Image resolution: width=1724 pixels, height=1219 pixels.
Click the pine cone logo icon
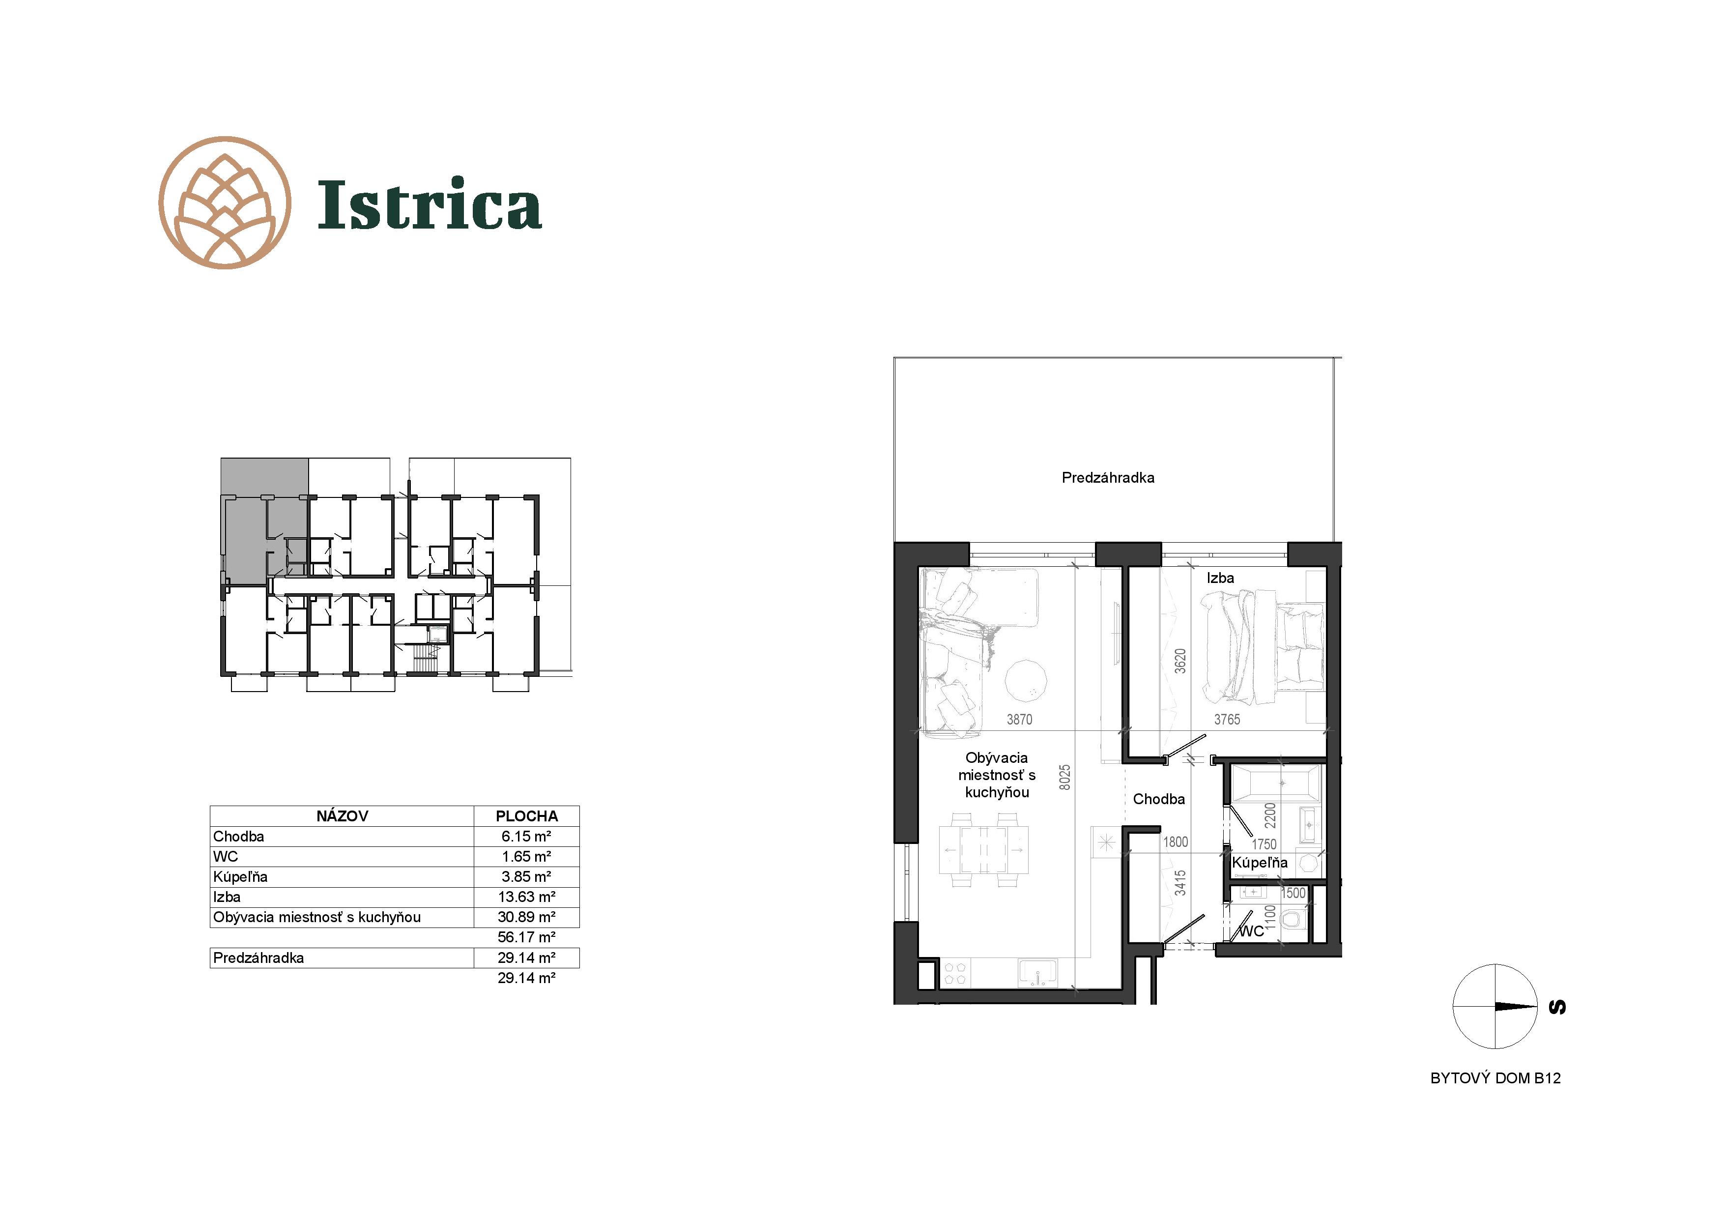pyautogui.click(x=225, y=203)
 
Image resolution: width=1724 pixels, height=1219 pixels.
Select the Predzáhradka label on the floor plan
pyautogui.click(x=1108, y=478)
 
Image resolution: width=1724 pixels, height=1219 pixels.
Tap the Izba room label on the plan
pyautogui.click(x=1220, y=578)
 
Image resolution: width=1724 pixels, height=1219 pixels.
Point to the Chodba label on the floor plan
pyautogui.click(x=1159, y=799)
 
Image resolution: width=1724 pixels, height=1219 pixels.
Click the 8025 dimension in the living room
pyautogui.click(x=1065, y=778)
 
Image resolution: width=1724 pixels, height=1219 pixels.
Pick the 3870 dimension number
pyautogui.click(x=1019, y=720)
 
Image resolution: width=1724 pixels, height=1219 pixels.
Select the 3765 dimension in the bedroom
pyautogui.click(x=1227, y=720)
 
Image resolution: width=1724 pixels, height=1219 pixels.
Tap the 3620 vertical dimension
pyautogui.click(x=1180, y=661)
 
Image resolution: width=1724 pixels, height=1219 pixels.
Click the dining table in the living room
pyautogui.click(x=984, y=849)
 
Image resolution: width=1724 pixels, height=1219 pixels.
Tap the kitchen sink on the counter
pyautogui.click(x=1038, y=973)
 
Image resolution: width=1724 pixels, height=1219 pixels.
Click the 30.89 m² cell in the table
pyautogui.click(x=526, y=917)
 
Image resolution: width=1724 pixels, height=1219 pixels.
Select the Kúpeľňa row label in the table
pyautogui.click(x=240, y=876)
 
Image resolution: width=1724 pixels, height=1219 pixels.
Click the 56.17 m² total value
pyautogui.click(x=526, y=937)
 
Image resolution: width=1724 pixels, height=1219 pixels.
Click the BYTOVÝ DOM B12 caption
pyautogui.click(x=1495, y=1078)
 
